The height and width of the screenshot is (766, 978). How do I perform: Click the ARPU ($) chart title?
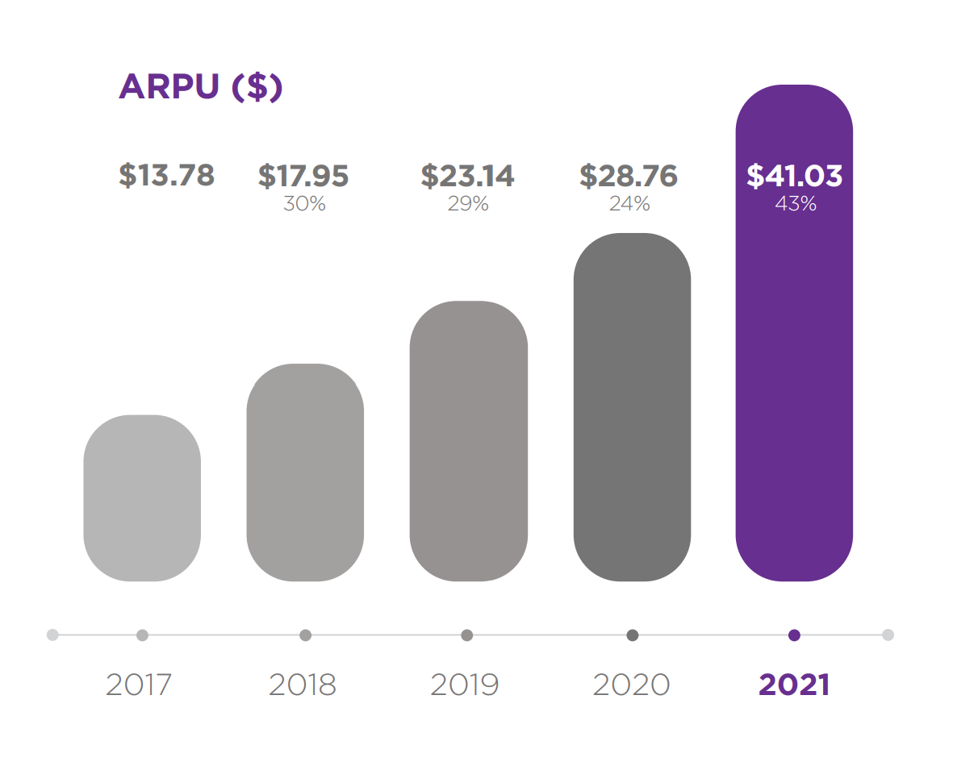pyautogui.click(x=200, y=87)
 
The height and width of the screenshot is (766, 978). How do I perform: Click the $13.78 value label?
pyautogui.click(x=166, y=175)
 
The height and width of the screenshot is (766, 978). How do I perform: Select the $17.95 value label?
pyautogui.click(x=303, y=175)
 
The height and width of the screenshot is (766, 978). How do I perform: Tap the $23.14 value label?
pyautogui.click(x=467, y=175)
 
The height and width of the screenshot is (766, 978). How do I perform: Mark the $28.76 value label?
pyautogui.click(x=629, y=175)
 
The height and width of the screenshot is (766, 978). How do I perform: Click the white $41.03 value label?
pyautogui.click(x=794, y=175)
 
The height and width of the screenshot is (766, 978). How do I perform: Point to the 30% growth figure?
pyautogui.click(x=304, y=204)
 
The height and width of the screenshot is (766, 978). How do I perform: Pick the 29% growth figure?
pyautogui.click(x=468, y=204)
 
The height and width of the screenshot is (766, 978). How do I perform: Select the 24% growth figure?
pyautogui.click(x=629, y=204)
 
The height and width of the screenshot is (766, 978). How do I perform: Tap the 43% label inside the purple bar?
pyautogui.click(x=795, y=204)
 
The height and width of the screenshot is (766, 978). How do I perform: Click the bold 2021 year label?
pyautogui.click(x=794, y=685)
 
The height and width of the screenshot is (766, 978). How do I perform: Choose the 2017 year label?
pyautogui.click(x=139, y=685)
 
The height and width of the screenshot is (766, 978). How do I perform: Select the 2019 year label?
pyautogui.click(x=465, y=685)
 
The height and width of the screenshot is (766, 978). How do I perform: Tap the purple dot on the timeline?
pyautogui.click(x=794, y=635)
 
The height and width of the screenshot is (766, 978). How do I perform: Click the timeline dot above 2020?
pyautogui.click(x=633, y=635)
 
